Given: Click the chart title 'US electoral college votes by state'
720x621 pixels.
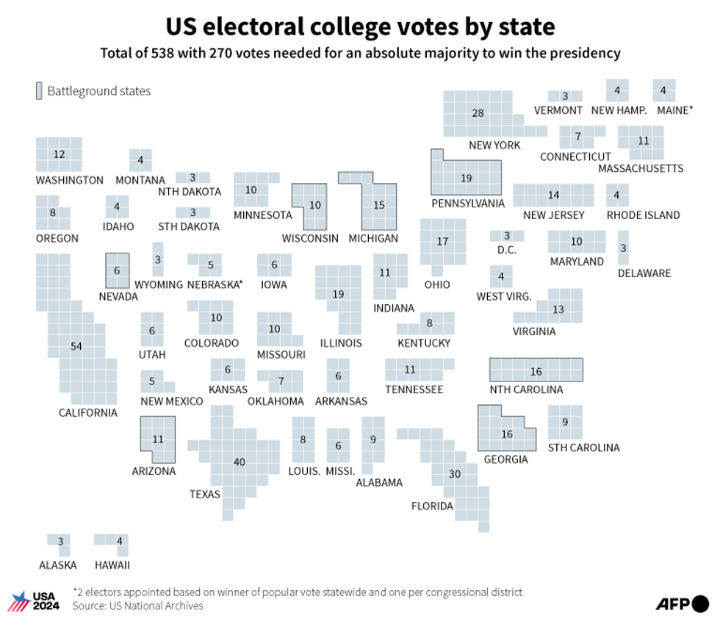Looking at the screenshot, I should click(360, 27).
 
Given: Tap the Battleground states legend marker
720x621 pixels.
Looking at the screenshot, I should click(39, 91).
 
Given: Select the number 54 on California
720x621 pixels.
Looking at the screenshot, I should click(76, 346).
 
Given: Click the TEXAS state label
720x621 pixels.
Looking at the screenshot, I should click(205, 494).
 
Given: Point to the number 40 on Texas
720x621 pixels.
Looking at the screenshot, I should click(240, 462).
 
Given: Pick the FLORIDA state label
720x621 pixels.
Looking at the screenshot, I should click(432, 506).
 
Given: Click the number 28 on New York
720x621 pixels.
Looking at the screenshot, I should click(478, 112).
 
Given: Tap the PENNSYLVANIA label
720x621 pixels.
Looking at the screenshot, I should click(468, 203).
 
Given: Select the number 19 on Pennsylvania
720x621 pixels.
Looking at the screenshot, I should click(467, 178).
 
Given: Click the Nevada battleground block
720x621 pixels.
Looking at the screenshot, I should click(117, 270).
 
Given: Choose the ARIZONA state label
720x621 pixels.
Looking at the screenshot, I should click(154, 471).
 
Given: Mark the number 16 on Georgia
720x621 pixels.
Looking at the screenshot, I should click(507, 434).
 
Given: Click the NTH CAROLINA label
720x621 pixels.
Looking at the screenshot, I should click(527, 390).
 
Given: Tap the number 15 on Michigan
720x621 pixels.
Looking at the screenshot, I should click(379, 205).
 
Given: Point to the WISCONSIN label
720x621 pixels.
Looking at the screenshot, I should click(310, 238).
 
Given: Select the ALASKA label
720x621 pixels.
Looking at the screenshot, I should click(58, 565).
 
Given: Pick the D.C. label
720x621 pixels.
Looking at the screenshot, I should click(507, 250).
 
